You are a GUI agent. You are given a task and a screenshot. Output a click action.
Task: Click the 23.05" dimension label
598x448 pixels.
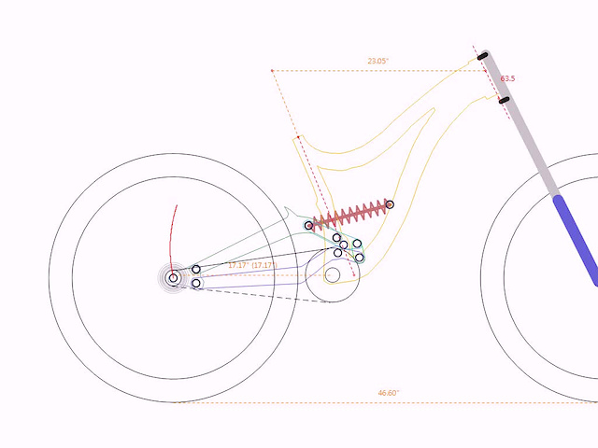pos(377,61)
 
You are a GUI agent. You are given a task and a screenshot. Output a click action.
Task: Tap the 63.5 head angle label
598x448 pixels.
pos(507,78)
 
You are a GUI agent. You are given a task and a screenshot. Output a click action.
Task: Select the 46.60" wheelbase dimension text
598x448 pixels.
pos(389,393)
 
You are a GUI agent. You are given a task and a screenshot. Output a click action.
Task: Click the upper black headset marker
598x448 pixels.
pos(482,56)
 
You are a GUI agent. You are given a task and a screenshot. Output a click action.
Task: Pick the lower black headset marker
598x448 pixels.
pos(505,100)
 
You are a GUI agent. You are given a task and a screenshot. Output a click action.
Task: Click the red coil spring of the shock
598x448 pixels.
pos(349,215)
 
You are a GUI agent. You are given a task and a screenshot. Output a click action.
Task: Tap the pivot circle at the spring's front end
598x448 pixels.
pos(390,204)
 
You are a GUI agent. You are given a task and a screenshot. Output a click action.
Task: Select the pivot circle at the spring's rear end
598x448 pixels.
pos(309,226)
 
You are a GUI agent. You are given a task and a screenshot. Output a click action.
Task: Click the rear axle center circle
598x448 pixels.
pos(173,278)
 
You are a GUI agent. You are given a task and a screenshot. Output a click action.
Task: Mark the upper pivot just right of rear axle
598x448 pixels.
pos(196,270)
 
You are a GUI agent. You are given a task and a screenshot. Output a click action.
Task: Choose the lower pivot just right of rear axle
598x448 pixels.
pos(196,283)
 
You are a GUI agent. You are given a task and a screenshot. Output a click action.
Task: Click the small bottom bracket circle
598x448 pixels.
pos(333,275)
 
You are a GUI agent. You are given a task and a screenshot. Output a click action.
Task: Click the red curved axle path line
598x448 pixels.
pos(171,240)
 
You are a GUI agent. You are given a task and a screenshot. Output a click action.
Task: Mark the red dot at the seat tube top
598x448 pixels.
pos(298,137)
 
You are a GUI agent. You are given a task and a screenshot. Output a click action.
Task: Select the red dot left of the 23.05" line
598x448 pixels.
pos(272,71)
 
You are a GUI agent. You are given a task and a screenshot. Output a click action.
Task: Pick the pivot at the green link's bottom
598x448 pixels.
pos(359,258)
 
